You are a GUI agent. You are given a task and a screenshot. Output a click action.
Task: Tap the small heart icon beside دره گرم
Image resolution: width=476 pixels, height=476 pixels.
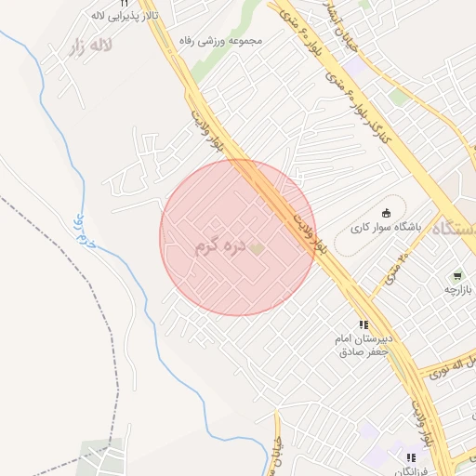257,247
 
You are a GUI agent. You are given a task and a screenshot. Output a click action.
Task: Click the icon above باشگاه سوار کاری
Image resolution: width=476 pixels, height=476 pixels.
387,212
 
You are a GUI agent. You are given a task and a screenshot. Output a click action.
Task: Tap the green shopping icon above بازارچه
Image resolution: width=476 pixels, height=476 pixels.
457,276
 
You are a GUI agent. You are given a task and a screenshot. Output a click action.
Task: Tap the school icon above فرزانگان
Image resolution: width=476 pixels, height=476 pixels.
411,457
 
